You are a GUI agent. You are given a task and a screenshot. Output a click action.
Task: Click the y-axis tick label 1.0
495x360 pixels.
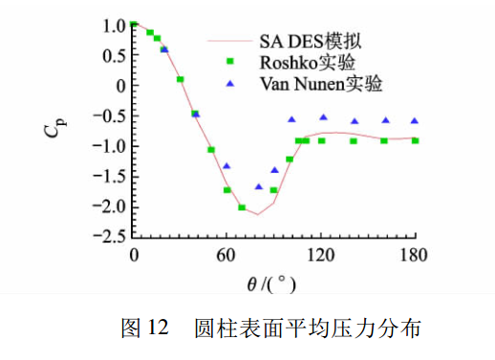click(113, 25)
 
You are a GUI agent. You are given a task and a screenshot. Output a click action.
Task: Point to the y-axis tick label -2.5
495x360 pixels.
click(109, 236)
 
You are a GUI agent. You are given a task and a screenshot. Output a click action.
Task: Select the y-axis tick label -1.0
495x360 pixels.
click(109, 145)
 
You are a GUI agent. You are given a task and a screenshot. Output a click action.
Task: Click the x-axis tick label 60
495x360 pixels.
click(226, 255)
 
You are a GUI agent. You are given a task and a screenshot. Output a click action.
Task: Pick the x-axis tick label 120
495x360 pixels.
click(320, 255)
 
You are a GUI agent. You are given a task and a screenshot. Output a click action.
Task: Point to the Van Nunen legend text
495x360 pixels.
click(320, 84)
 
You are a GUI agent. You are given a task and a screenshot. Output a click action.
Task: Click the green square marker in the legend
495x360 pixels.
click(229, 63)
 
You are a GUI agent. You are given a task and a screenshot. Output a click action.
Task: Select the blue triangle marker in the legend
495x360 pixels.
click(229, 83)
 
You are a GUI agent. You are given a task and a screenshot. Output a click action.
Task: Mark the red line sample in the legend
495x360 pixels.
click(229, 41)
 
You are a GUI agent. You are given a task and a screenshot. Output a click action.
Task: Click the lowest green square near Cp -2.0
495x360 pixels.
click(242, 207)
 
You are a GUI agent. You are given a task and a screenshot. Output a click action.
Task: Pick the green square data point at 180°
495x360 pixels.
click(415, 140)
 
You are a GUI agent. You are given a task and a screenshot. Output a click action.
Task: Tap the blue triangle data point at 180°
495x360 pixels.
click(415, 121)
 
